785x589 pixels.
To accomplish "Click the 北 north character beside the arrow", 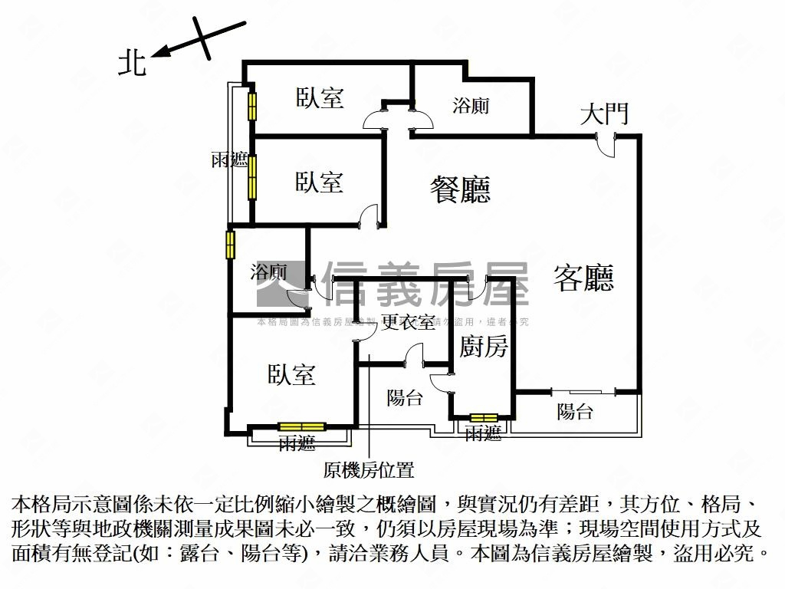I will [x=132, y=63].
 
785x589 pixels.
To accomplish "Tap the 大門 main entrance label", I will [x=604, y=114].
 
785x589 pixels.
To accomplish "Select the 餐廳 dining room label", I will [x=460, y=189].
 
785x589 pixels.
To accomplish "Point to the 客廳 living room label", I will [x=584, y=278].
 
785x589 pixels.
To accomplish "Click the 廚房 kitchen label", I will [x=483, y=347].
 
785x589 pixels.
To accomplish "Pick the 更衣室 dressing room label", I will [x=409, y=322].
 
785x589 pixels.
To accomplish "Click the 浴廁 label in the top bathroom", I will [x=471, y=105].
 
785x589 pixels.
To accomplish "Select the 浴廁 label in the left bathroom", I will [x=269, y=271].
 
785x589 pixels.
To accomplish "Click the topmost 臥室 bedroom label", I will [x=320, y=97].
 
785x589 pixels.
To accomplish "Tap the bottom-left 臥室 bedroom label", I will [x=291, y=374].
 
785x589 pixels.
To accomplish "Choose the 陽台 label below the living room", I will [x=574, y=411].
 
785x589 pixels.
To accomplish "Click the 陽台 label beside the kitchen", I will [x=404, y=397].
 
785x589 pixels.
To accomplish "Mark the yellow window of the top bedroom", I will [x=251, y=106].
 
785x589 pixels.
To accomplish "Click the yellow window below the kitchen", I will [x=484, y=418].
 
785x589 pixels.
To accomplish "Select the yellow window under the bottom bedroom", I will [x=301, y=427].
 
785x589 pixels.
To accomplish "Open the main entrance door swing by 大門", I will [x=606, y=145].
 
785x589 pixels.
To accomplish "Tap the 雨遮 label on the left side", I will [x=229, y=160].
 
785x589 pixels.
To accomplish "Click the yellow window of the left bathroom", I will [x=230, y=245].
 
